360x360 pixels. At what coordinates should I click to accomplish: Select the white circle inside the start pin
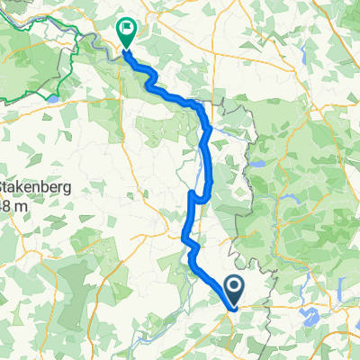pos(234,288)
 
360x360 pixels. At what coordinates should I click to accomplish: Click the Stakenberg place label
pos(35,190)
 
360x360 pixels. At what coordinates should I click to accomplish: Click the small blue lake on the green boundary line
pos(56,93)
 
